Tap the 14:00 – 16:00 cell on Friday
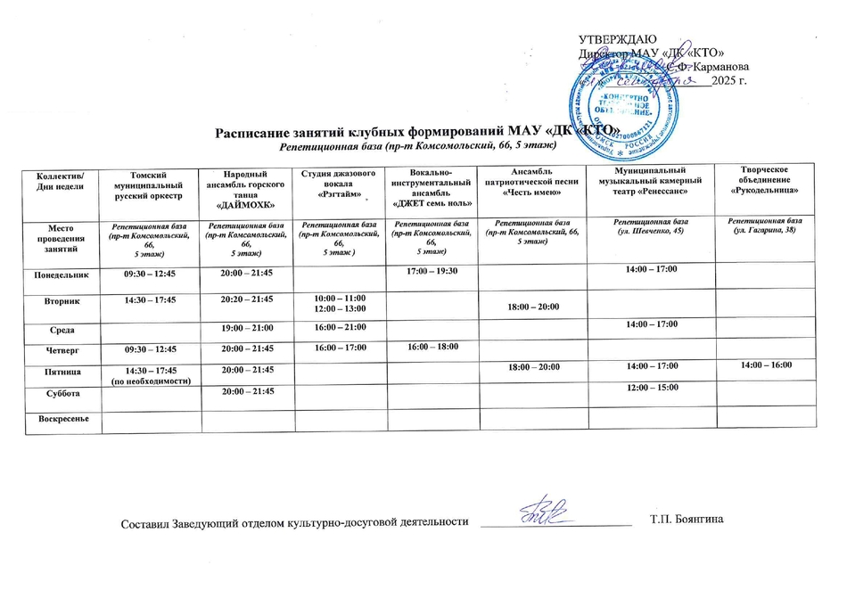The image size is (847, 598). click(x=762, y=365)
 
